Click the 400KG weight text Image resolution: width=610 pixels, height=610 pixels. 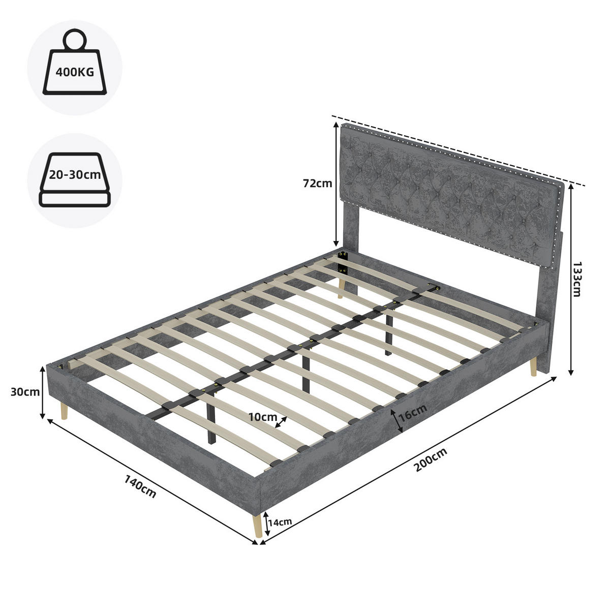pyautogui.click(x=75, y=72)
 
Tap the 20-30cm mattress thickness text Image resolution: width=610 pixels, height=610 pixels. pyautogui.click(x=75, y=174)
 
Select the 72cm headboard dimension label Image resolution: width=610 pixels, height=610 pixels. pyautogui.click(x=318, y=184)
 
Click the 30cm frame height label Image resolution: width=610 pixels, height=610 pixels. pyautogui.click(x=25, y=392)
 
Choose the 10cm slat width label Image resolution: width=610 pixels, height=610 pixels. pyautogui.click(x=262, y=417)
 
